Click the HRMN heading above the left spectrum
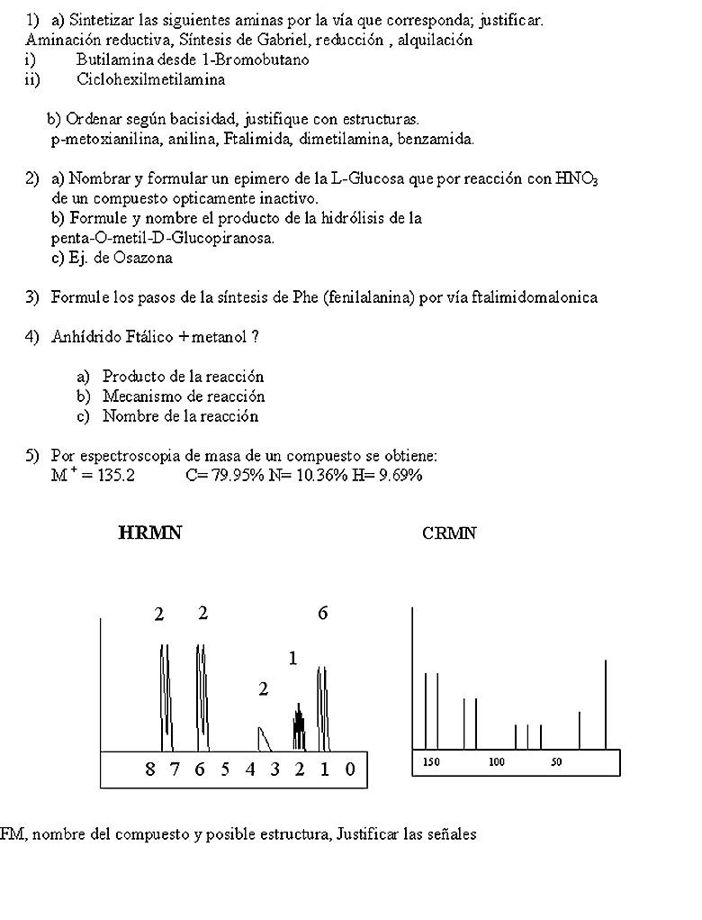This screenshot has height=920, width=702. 149,533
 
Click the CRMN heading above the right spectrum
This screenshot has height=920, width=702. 449,533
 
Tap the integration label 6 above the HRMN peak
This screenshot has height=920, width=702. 322,614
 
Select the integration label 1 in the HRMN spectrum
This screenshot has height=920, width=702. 292,659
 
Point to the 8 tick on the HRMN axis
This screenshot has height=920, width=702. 149,770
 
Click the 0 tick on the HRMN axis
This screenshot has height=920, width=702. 351,770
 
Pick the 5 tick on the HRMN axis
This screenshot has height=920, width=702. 225,770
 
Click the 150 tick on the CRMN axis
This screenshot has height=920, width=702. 432,762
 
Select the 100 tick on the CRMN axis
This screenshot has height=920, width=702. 497,762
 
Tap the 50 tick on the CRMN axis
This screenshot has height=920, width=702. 556,762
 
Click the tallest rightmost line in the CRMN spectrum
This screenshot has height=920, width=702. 606,703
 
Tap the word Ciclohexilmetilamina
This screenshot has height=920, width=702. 151,79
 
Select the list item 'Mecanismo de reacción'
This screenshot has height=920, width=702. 184,396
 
